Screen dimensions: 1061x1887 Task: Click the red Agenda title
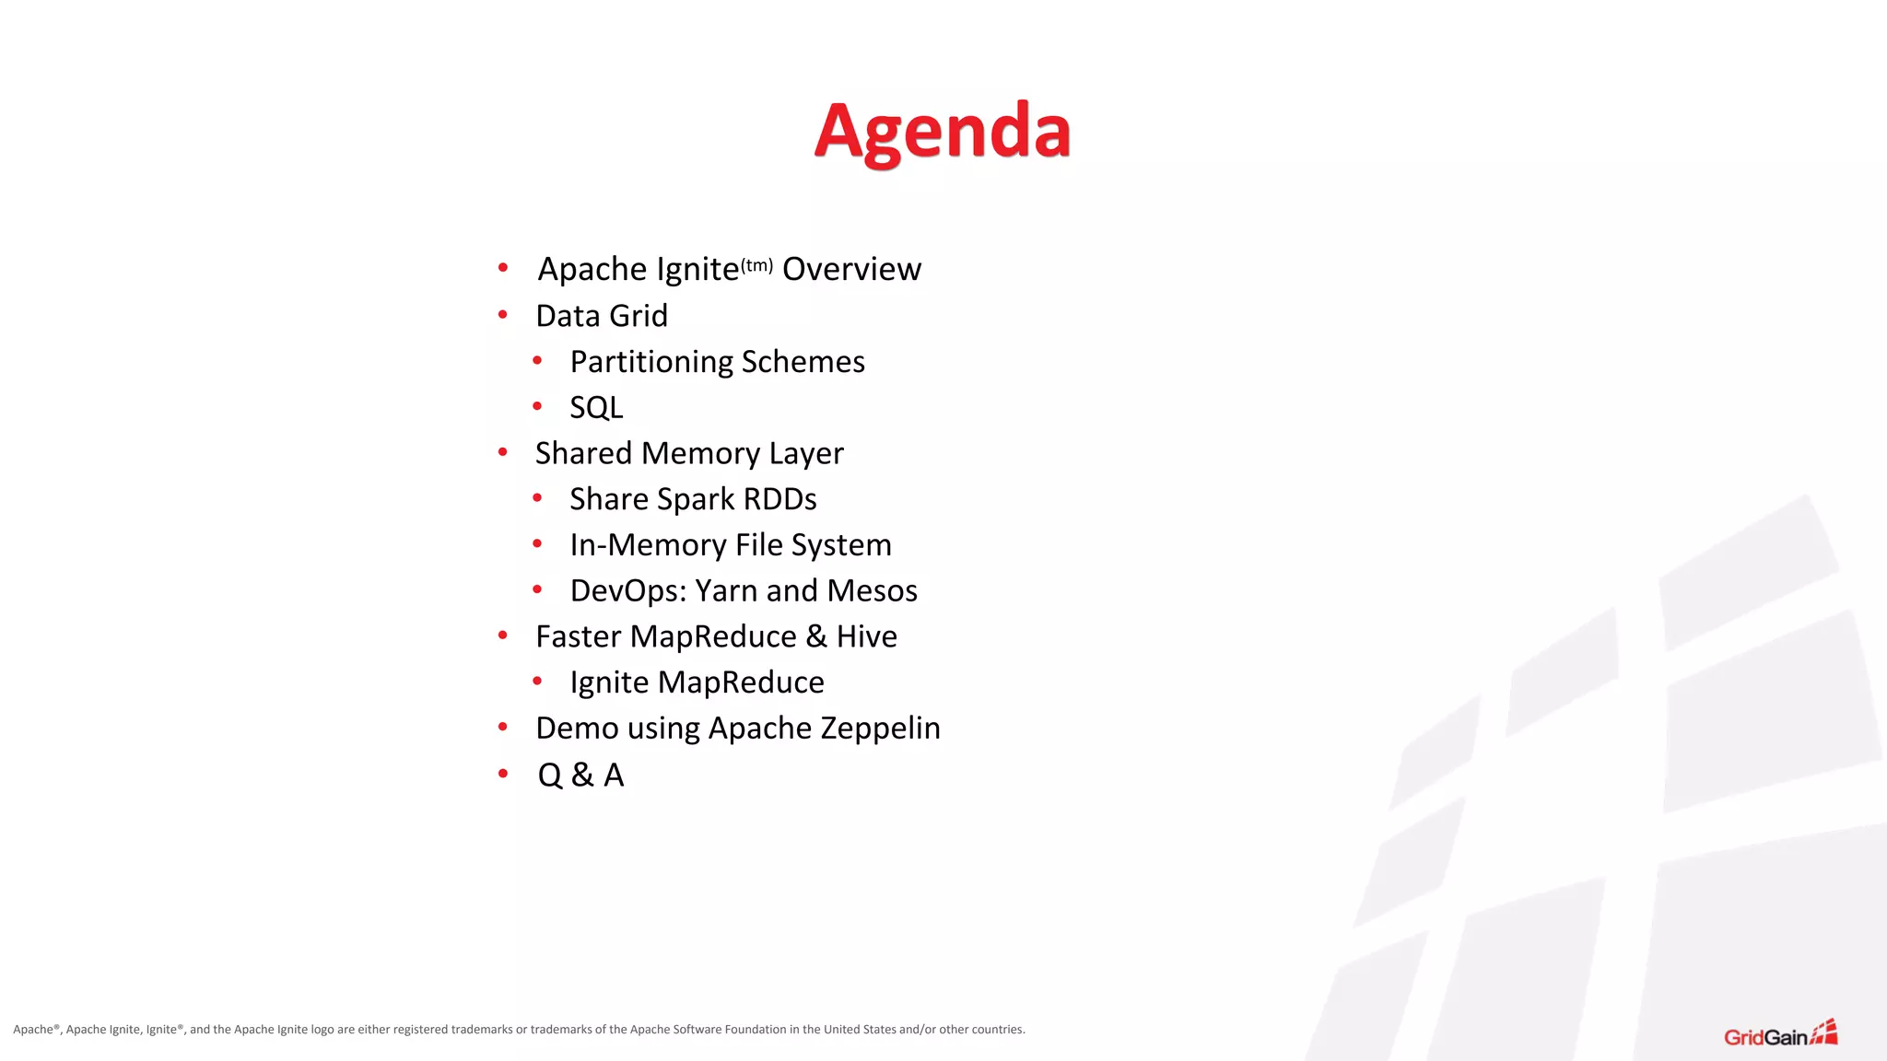tap(942, 132)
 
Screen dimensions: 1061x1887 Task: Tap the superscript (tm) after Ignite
tap(756, 265)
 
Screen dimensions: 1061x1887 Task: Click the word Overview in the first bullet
tap(851, 269)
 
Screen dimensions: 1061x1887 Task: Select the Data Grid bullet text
tap(602, 316)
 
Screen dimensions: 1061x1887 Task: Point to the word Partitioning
tap(651, 362)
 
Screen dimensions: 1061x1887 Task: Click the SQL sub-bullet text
tap(596, 407)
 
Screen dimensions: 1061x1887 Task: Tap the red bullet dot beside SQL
tap(537, 406)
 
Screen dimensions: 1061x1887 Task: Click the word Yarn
tap(726, 590)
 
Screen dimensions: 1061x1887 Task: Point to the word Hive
tap(866, 636)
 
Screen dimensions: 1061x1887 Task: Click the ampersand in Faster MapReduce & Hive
tap(816, 636)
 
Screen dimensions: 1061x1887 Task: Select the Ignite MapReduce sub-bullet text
tap(697, 682)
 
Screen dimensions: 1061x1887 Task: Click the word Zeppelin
tap(880, 729)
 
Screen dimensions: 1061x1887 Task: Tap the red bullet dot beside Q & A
tap(503, 774)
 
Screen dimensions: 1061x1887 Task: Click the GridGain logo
tap(1780, 1035)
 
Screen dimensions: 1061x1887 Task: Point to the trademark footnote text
tap(519, 1030)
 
